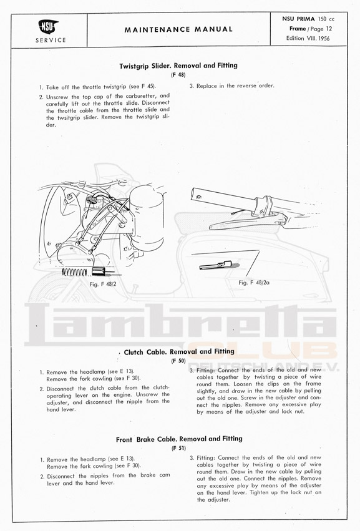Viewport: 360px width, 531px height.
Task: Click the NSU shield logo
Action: pos(49,27)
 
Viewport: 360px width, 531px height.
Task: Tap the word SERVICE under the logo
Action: pos(51,41)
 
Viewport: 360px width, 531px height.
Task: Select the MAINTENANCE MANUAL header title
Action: pos(178,29)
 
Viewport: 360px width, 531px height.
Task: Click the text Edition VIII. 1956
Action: pos(308,38)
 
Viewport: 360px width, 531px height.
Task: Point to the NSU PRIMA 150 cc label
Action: pos(308,19)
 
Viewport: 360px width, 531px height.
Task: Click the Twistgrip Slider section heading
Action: pos(178,66)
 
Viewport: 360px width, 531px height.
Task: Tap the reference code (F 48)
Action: pos(178,75)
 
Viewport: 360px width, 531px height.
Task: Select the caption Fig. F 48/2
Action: pos(102,284)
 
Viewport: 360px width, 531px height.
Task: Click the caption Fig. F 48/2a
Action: pos(254,283)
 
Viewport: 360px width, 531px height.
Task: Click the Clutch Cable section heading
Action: pos(179,352)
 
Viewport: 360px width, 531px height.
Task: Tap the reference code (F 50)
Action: pos(178,361)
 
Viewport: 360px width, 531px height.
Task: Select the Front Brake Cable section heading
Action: pos(179,439)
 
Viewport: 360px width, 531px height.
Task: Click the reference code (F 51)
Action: pos(178,449)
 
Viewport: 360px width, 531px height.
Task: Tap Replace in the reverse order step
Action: pos(231,86)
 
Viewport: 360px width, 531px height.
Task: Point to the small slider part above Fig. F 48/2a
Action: pos(215,265)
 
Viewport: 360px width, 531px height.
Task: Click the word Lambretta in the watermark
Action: pos(181,324)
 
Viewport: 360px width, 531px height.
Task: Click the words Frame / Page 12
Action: pos(311,29)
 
